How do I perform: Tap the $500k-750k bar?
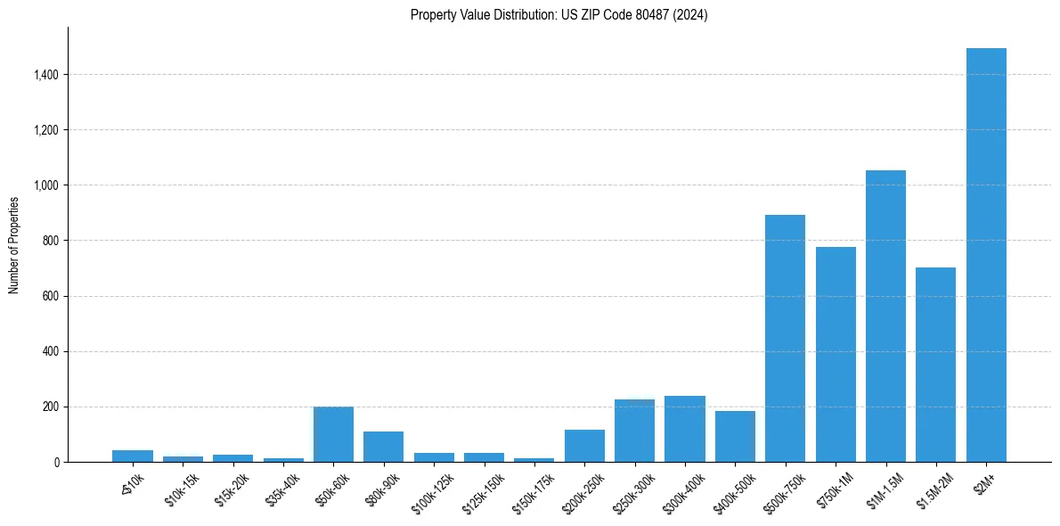pyautogui.click(x=785, y=339)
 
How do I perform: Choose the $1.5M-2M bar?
pyautogui.click(x=935, y=365)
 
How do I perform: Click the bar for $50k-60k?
pyautogui.click(x=333, y=434)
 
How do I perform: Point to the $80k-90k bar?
pyautogui.click(x=383, y=447)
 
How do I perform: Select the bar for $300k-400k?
pyautogui.click(x=685, y=429)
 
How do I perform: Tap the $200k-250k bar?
pyautogui.click(x=584, y=446)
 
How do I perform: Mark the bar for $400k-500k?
pyautogui.click(x=735, y=436)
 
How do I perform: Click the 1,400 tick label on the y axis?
pyautogui.click(x=47, y=75)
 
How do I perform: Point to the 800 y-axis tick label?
pyautogui.click(x=52, y=241)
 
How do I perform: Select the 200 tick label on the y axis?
pyautogui.click(x=52, y=407)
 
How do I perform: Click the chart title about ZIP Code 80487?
pyautogui.click(x=559, y=15)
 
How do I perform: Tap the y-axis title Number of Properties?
pyautogui.click(x=14, y=245)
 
